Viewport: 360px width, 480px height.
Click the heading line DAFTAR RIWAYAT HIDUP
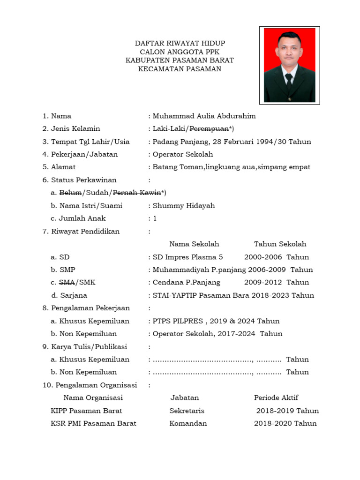click(180, 44)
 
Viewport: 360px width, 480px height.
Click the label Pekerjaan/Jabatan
click(84, 154)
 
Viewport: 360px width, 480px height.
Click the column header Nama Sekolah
click(194, 244)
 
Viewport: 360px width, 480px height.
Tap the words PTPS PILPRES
click(178, 321)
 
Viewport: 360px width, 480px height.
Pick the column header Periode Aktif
click(276, 398)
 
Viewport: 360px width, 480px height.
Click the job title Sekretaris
click(187, 411)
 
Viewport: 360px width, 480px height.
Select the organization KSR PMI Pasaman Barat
click(93, 423)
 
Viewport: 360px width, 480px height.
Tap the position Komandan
click(188, 423)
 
